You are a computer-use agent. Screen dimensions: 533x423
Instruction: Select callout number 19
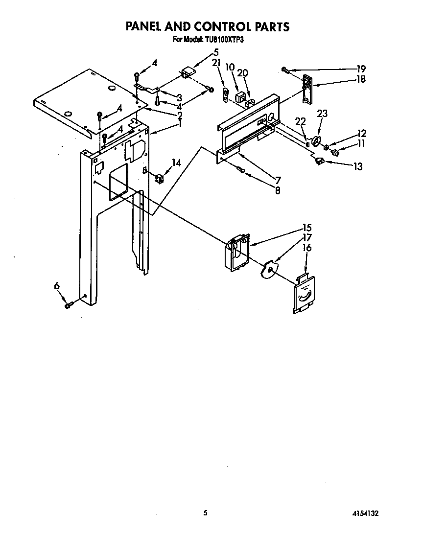[x=361, y=69]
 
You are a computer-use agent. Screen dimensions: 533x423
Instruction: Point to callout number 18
[x=361, y=79]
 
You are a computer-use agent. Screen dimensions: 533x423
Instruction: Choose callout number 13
[x=358, y=166]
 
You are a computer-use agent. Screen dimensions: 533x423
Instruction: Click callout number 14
[x=176, y=163]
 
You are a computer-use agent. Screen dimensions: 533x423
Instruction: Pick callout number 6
[x=57, y=285]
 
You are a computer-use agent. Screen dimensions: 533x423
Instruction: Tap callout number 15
[x=307, y=228]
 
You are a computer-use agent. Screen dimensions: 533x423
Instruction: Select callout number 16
[x=307, y=248]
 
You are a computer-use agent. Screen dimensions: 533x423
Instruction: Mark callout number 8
[x=278, y=190]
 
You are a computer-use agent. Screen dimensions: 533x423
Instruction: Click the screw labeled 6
[x=69, y=306]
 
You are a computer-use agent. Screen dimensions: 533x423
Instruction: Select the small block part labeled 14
[x=159, y=178]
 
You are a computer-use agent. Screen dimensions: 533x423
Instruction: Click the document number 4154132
[x=364, y=513]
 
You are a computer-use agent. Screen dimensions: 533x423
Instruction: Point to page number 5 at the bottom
[x=206, y=513]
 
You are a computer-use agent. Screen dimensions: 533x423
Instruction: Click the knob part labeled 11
[x=335, y=153]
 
